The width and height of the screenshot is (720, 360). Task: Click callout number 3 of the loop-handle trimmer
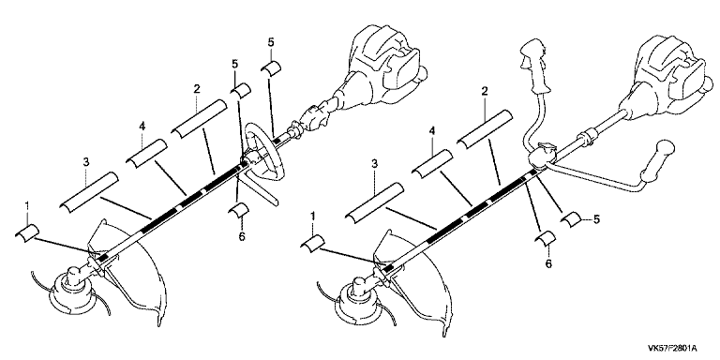86,161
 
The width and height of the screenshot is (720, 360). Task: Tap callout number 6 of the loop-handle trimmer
242,236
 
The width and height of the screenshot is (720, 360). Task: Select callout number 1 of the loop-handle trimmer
26,204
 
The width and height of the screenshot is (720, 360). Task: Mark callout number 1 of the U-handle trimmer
314,215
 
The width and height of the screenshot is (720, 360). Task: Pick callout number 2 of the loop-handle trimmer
197,89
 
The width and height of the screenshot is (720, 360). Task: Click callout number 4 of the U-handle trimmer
432,132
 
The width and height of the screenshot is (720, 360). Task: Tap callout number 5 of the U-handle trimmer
596,219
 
